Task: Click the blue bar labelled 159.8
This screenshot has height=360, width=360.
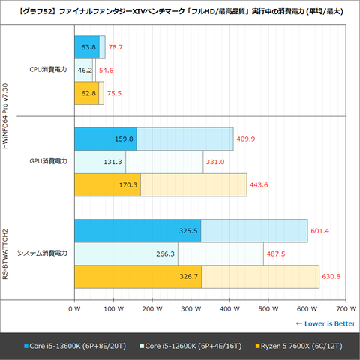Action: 104,139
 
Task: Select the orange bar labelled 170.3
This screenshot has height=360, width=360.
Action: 106,185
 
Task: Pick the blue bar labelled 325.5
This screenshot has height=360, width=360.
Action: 136,231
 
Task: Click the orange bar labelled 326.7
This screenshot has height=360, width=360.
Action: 137,276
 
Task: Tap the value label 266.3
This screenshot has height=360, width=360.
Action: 165,253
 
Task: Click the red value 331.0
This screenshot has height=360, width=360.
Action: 215,162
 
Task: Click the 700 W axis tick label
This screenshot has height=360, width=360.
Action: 346,308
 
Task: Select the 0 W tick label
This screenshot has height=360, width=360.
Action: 73,308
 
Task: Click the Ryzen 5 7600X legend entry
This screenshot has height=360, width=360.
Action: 296,346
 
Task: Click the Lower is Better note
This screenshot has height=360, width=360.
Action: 325,323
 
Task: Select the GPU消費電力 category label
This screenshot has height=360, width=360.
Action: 48,162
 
